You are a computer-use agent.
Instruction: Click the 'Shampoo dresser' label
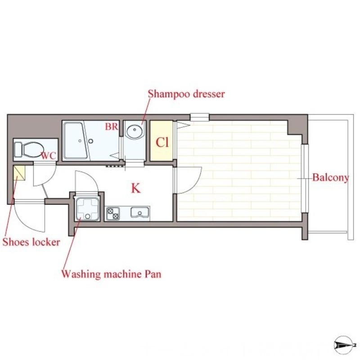[x=186, y=94]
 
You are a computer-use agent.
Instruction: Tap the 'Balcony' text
[x=331, y=178]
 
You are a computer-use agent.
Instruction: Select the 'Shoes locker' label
[x=31, y=242]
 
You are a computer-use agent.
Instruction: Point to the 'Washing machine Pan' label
[x=111, y=274]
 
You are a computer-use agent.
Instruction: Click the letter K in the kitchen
[x=136, y=188]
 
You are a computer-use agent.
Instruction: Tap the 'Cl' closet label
[x=162, y=142]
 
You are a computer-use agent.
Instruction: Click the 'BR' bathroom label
[x=112, y=126]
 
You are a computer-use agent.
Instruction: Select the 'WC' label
[x=49, y=156]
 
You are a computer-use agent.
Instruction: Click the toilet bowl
[x=32, y=150]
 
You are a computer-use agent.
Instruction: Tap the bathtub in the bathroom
[x=76, y=140]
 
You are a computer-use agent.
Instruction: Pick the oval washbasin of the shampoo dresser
[x=134, y=132]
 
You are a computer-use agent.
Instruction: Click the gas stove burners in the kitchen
[x=113, y=214]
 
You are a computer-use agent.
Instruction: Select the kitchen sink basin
[x=139, y=212]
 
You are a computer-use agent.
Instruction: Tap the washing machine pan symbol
[x=87, y=209]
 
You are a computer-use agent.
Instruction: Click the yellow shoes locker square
[x=19, y=173]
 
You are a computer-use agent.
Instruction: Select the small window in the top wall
[x=199, y=117]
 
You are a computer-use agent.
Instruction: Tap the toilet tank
[x=18, y=149]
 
